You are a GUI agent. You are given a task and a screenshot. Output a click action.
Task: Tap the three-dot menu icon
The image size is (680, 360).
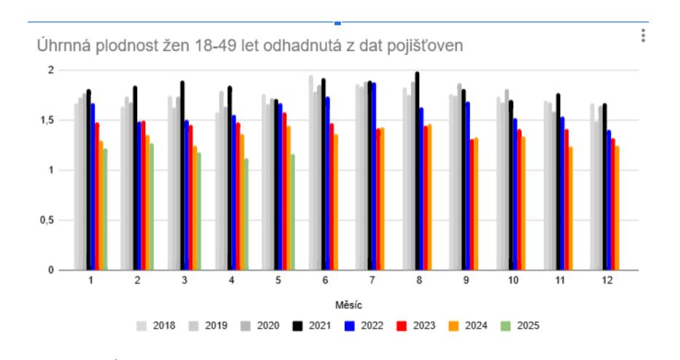tap(643, 36)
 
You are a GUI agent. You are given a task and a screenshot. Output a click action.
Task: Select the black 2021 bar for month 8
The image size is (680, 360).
tap(417, 171)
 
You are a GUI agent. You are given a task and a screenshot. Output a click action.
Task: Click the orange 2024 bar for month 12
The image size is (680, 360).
tap(617, 208)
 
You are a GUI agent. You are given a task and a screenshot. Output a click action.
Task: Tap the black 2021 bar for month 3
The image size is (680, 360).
tap(182, 175)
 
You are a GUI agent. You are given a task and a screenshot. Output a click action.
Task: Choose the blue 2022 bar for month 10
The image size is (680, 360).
tap(515, 194)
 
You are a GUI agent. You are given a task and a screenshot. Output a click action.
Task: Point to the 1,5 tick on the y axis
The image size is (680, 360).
tap(48, 120)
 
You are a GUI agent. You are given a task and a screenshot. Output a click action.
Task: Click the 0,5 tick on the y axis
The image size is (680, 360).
tap(48, 220)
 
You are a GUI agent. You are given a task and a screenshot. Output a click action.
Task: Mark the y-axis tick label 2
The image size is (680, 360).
tap(51, 71)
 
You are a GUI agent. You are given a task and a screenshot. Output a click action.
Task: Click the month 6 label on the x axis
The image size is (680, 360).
tap(325, 281)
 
